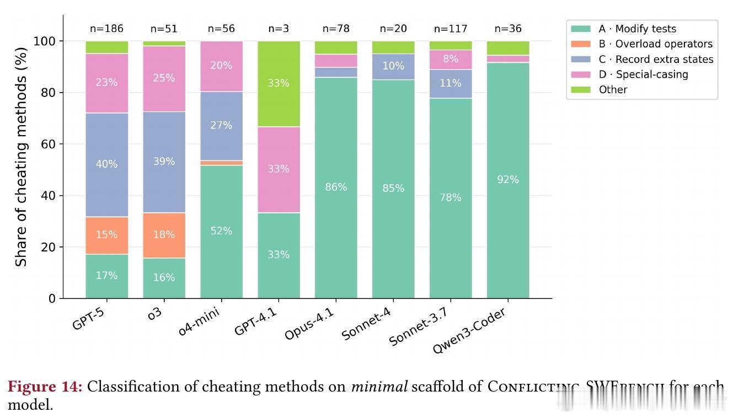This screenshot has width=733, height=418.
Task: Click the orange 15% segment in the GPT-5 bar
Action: [106, 235]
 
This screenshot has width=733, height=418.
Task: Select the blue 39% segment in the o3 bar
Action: [164, 162]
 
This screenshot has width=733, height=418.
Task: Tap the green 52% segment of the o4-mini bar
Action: [221, 231]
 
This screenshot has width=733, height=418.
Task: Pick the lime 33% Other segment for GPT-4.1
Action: [279, 83]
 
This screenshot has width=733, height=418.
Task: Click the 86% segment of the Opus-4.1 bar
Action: [336, 187]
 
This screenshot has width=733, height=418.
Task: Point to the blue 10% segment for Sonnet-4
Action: [393, 66]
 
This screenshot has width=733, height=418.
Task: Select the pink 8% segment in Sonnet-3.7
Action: [451, 59]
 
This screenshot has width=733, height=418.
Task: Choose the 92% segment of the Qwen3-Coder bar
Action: [508, 180]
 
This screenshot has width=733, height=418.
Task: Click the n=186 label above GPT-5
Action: [106, 29]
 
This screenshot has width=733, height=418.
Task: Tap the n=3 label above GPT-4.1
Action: [279, 29]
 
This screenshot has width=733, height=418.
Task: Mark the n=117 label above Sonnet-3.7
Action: [451, 29]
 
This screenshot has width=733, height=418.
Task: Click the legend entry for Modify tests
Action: [637, 29]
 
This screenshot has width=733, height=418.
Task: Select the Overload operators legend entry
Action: [655, 44]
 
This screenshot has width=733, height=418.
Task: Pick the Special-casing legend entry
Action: [643, 74]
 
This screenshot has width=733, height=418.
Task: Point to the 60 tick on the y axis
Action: [49, 144]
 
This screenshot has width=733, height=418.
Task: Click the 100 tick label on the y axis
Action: [46, 41]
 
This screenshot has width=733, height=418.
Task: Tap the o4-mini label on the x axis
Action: [200, 323]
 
